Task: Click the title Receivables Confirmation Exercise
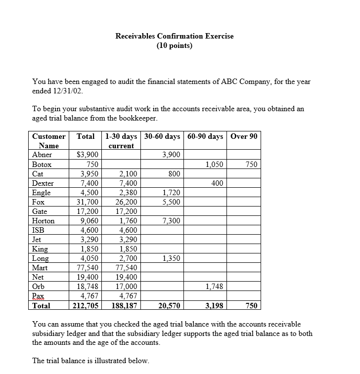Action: (174, 36)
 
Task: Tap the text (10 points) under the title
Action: (174, 46)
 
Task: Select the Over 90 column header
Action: (244, 136)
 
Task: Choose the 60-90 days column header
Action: (205, 136)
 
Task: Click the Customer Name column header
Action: (48, 141)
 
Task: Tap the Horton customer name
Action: (43, 221)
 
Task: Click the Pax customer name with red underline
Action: (38, 296)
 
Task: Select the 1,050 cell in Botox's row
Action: (214, 165)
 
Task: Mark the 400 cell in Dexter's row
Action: (217, 183)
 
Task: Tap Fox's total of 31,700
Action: (88, 202)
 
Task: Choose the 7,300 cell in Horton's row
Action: (171, 221)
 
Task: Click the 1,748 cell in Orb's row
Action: (214, 287)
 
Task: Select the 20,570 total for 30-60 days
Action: (169, 306)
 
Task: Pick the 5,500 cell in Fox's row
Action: (171, 202)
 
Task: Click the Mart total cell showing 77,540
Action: (88, 268)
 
